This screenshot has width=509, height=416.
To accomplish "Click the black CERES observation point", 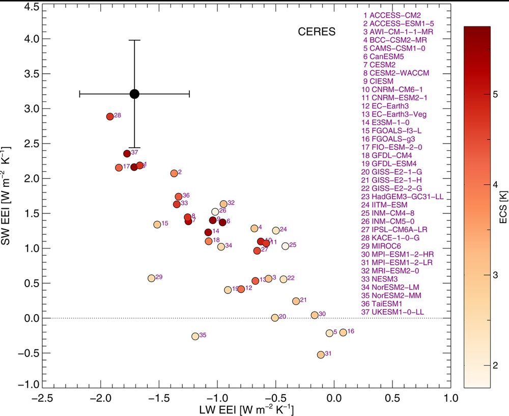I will pyautogui.click(x=134, y=94).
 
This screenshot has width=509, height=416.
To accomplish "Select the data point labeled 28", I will pyautogui.click(x=110, y=117).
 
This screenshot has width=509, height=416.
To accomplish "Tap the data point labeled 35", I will pyautogui.click(x=195, y=336).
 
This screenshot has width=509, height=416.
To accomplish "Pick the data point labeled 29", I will pyautogui.click(x=151, y=278).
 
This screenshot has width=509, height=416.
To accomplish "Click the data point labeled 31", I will pyautogui.click(x=321, y=354).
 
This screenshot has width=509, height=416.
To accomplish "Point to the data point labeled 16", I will pyautogui.click(x=343, y=332).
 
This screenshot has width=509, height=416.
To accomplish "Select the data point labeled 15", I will pyautogui.click(x=157, y=225).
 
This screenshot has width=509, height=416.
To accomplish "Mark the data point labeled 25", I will pyautogui.click(x=285, y=246).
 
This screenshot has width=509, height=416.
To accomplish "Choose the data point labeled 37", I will pyautogui.click(x=127, y=153).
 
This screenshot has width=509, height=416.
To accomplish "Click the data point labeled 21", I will pyautogui.click(x=296, y=301).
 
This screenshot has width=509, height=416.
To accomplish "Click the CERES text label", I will pyautogui.click(x=317, y=32).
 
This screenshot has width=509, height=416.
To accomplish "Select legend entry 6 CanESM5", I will pyautogui.click(x=383, y=57).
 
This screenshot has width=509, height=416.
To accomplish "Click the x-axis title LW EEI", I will pyautogui.click(x=247, y=408).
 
